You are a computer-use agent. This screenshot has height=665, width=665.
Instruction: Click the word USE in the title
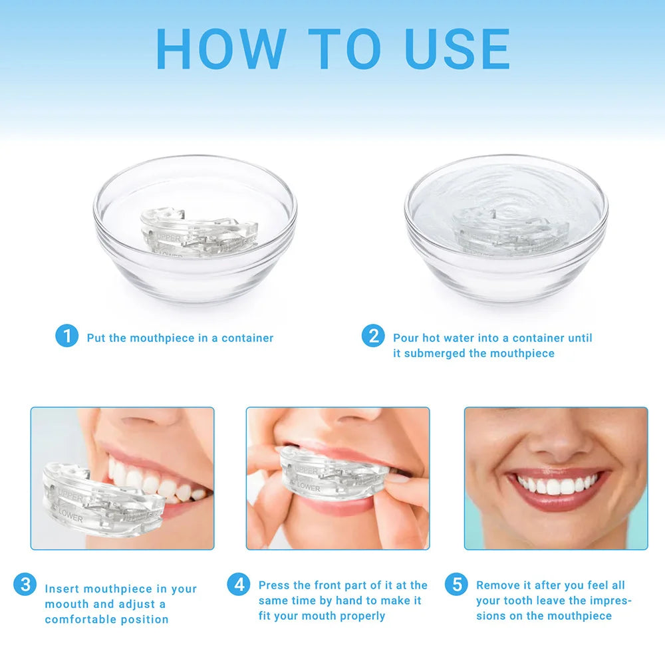coord(458,49)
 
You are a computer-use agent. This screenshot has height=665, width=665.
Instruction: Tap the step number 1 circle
coord(66,335)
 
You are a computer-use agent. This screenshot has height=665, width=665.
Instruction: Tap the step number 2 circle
coord(373,335)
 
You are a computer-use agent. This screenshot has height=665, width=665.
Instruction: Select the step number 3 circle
coord(25,585)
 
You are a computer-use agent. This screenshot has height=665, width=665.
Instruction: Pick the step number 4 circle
coord(239,585)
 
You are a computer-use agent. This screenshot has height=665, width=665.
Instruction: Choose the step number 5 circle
coord(456,585)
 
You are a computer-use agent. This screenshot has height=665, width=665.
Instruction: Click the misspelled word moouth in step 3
coord(66,604)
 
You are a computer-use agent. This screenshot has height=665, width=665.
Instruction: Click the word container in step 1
coord(247,338)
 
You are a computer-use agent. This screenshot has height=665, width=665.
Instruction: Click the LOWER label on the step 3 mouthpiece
coord(70,514)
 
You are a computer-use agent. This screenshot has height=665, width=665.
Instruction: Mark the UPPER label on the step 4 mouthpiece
coord(307,471)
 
